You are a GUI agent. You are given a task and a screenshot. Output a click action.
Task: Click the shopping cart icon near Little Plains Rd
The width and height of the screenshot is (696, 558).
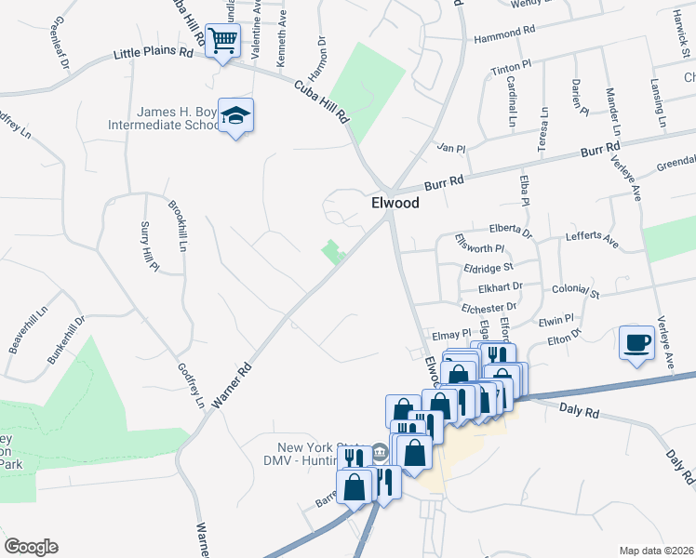[223, 40]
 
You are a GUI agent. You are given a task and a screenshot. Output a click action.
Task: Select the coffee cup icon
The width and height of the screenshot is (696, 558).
[636, 342]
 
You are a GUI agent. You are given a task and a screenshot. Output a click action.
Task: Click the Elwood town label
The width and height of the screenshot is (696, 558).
[395, 202]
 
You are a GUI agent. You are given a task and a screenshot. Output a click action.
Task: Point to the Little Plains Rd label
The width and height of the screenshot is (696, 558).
[153, 54]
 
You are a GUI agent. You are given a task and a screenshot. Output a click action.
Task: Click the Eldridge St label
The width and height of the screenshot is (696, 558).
[489, 268]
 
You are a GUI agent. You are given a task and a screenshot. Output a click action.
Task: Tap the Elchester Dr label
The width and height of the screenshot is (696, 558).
[488, 306]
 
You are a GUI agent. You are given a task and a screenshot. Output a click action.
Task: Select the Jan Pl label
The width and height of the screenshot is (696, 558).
[450, 148]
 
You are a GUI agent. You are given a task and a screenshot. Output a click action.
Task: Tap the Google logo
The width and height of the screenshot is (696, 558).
[30, 547]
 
